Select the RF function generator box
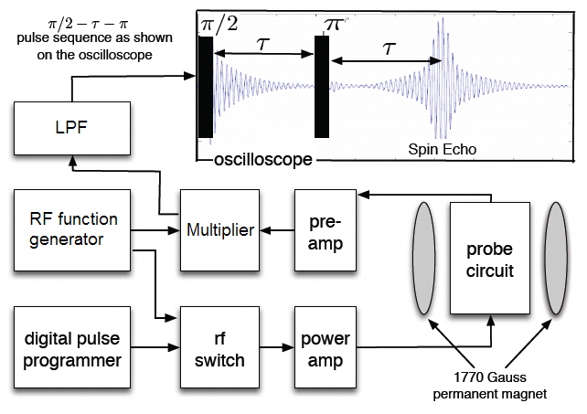pyautogui.click(x=72, y=229)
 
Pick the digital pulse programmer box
pyautogui.click(x=72, y=348)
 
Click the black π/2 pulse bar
pyautogui.click(x=206, y=87)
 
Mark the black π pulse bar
pyautogui.click(x=321, y=87)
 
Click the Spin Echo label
pyautogui.click(x=443, y=147)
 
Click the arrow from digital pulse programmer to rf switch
pyautogui.click(x=155, y=348)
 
